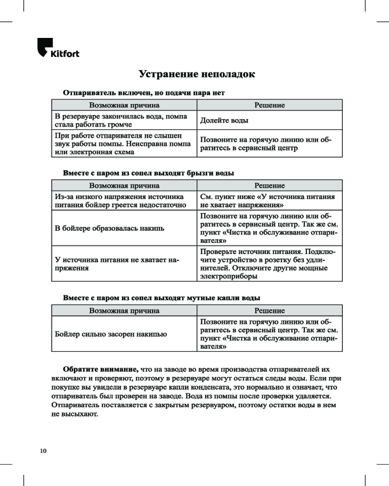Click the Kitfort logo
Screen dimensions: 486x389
click(58, 48)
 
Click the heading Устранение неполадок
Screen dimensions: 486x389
click(196, 74)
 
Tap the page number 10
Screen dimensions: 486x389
click(43, 451)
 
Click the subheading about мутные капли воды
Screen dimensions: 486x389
click(161, 297)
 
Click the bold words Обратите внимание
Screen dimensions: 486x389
click(101, 369)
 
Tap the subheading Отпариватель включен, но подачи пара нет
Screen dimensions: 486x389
click(144, 92)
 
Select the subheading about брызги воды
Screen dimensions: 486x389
click(148, 173)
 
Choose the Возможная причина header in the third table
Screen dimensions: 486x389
click(124, 311)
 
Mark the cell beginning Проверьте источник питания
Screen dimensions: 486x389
click(268, 264)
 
